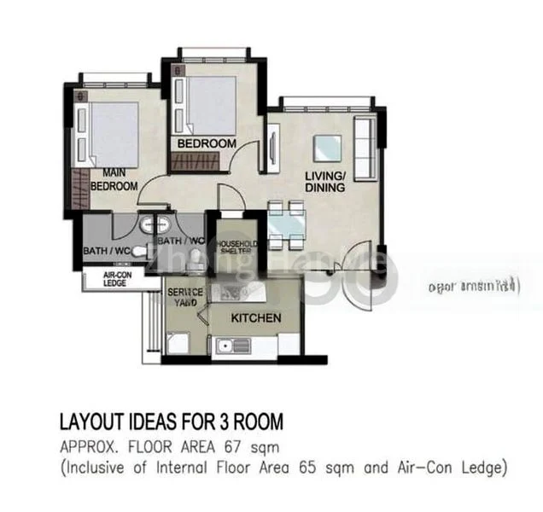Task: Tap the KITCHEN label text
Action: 257,318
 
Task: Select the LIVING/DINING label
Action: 325,182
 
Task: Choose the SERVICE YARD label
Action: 184,297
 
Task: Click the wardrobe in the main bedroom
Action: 79,190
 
